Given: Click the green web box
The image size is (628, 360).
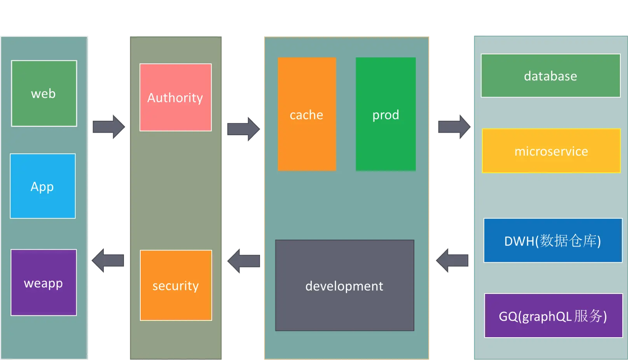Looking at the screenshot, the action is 44,94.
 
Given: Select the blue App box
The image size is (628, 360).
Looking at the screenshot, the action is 43,186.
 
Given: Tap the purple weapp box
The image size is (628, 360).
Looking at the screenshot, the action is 44,282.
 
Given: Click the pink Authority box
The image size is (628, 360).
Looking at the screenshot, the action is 176,97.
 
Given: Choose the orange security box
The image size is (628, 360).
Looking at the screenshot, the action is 176,285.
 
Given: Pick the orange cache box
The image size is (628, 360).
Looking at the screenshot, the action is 307,114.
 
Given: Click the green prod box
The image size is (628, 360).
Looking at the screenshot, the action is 386,114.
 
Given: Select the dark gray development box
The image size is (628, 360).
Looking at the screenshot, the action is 345,285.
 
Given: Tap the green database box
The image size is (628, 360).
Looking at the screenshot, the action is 551,76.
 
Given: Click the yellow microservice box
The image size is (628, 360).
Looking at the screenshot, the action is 551,151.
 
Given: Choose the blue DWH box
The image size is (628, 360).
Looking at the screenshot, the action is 553,240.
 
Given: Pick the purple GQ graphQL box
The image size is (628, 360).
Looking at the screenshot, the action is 553,315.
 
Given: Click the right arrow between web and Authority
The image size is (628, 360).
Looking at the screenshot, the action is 109,127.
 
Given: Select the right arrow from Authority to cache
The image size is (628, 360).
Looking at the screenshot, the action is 244,129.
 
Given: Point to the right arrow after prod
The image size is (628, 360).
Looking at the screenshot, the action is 454,127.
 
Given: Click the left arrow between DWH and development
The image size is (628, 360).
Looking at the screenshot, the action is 452,261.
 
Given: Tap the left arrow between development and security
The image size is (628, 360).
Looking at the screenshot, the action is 244,261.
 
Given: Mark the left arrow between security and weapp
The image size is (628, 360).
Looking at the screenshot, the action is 108,260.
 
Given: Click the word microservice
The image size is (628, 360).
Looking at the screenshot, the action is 551,151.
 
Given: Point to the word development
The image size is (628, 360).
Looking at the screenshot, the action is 344,286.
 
